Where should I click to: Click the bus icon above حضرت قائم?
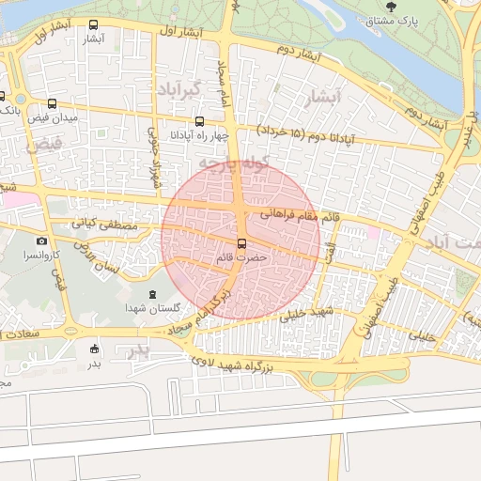(x=241, y=244)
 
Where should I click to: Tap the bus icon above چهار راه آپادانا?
(x=199, y=121)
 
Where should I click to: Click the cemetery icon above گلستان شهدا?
(x=153, y=294)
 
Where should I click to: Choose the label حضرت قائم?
(x=241, y=257)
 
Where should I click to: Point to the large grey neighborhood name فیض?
(x=44, y=146)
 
